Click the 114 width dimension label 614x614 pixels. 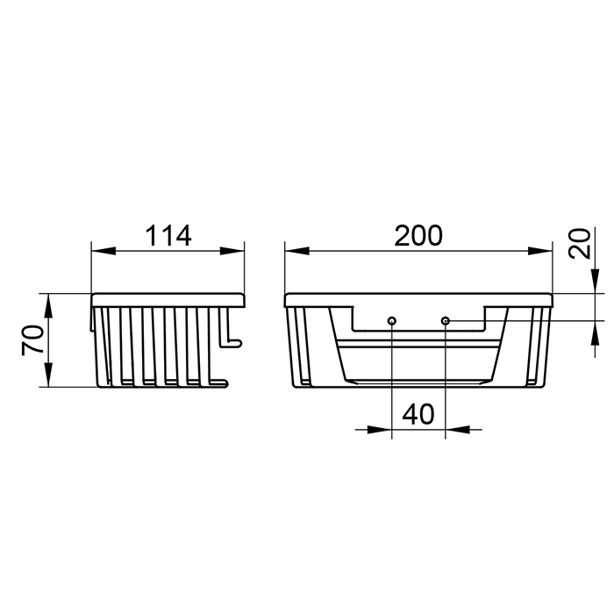[x=168, y=236]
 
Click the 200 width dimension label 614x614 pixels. [x=418, y=236]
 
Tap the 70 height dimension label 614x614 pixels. [x=33, y=340]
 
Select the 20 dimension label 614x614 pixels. [x=580, y=244]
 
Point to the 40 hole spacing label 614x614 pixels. [x=418, y=415]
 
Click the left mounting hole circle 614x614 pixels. [x=392, y=321]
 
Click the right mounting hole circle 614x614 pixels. [x=446, y=321]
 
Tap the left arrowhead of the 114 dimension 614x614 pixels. [x=104, y=251]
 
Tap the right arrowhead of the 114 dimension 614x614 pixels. [x=232, y=251]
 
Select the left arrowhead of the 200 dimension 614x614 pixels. [x=297, y=251]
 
